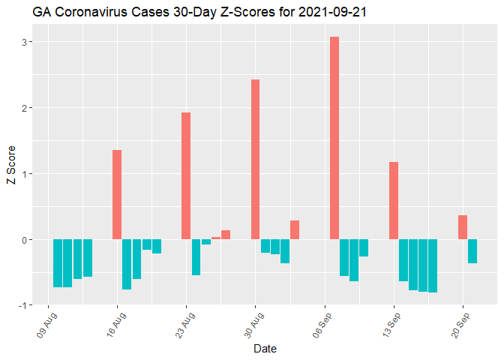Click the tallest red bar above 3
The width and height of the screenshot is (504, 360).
point(334,138)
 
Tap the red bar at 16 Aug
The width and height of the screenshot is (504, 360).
point(117,195)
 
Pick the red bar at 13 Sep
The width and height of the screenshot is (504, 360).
point(394,201)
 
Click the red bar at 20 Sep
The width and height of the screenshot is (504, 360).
point(463,227)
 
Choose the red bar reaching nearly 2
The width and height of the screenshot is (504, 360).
point(186,176)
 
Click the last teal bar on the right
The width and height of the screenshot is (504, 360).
point(472,251)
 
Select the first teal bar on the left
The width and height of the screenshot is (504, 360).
point(58,263)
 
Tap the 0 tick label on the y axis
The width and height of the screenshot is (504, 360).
point(24,240)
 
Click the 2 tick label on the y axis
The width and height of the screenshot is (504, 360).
point(24,108)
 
